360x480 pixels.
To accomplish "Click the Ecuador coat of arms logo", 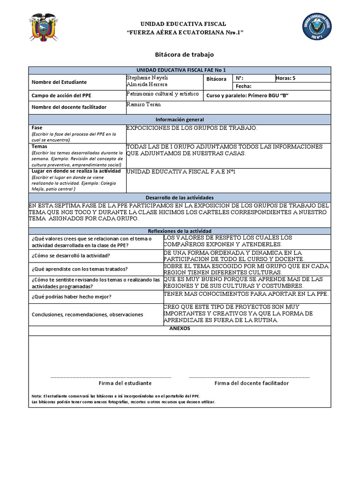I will [43, 28].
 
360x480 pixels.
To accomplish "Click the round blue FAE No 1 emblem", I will [317, 27].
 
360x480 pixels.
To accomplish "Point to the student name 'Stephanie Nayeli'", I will [147, 77].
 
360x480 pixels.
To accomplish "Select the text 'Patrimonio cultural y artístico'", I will [159, 94].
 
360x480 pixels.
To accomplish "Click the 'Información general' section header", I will [180, 120].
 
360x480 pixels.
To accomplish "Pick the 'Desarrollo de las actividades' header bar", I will [180, 198].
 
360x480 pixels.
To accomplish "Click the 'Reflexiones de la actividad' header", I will [180, 231].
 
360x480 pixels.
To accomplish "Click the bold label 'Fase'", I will [37, 127].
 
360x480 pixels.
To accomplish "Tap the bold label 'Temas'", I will [39, 146].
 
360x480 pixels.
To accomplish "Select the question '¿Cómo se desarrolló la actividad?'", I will [71, 255].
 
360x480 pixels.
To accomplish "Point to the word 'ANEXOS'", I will [180, 329].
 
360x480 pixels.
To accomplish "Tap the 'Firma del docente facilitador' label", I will [251, 383].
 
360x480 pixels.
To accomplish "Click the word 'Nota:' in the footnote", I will [37, 396].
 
